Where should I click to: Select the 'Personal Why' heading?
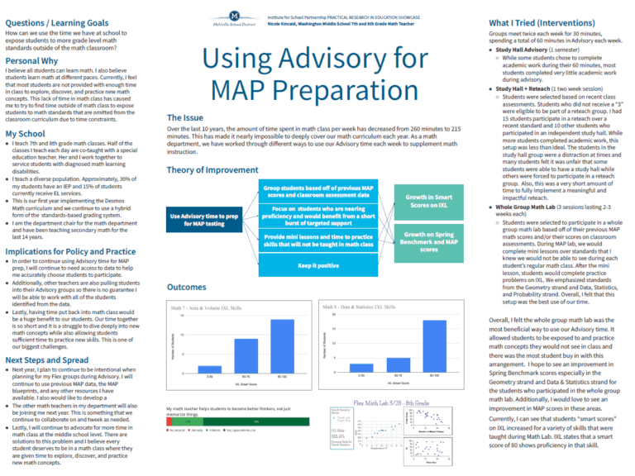(31, 60)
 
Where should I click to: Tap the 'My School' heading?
(25, 133)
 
